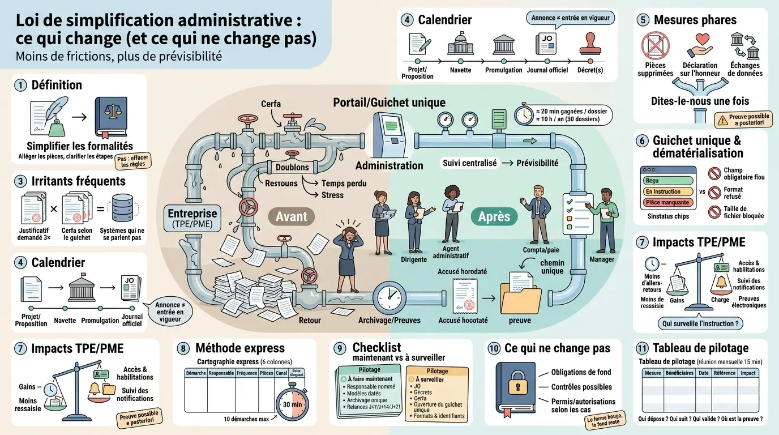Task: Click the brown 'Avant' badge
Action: point(291,216)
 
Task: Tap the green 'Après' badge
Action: point(494,216)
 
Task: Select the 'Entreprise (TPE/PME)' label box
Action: point(192,219)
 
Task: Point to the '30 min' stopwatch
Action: point(292,404)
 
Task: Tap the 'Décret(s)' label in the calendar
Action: point(590,70)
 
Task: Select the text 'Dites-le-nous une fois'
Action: point(700,101)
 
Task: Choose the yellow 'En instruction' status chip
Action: point(668,191)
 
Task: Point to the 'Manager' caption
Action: point(602,259)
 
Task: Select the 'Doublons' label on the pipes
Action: point(292,168)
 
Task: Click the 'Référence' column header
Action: point(725,373)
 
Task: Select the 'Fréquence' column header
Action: point(247,373)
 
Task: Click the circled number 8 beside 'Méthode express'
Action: point(183,348)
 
